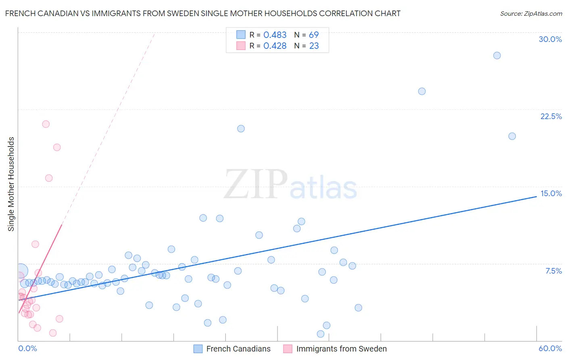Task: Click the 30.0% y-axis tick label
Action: point(550,39)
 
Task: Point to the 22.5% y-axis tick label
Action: point(551,116)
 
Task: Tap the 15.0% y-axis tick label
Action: point(551,193)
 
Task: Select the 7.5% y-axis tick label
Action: point(553,271)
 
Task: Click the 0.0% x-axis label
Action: point(27,348)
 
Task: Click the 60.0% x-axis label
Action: point(550,348)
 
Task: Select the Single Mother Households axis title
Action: point(11,184)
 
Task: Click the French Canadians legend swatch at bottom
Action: point(198,349)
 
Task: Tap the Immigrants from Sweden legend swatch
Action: point(288,349)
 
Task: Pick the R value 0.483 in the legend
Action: point(275,35)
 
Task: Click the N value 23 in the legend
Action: point(314,46)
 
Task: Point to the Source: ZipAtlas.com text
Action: point(531,14)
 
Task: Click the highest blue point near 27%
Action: point(497,55)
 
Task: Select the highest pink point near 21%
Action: point(46,124)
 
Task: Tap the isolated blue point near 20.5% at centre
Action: point(241,129)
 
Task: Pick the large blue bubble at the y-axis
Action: point(21,271)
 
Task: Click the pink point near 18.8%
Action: point(57,147)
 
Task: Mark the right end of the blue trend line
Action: point(536,196)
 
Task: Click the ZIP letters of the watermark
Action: point(256,184)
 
